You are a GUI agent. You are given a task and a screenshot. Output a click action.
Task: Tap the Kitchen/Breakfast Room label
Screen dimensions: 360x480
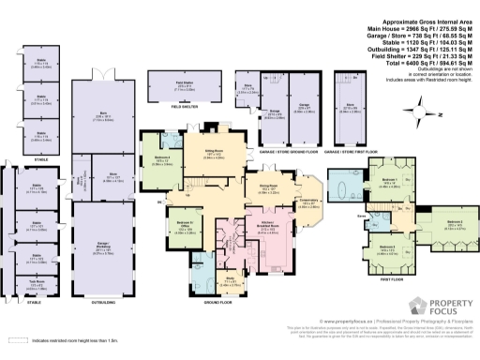[240, 230]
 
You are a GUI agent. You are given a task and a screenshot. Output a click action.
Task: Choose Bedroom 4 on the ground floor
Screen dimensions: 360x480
[160, 160]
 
